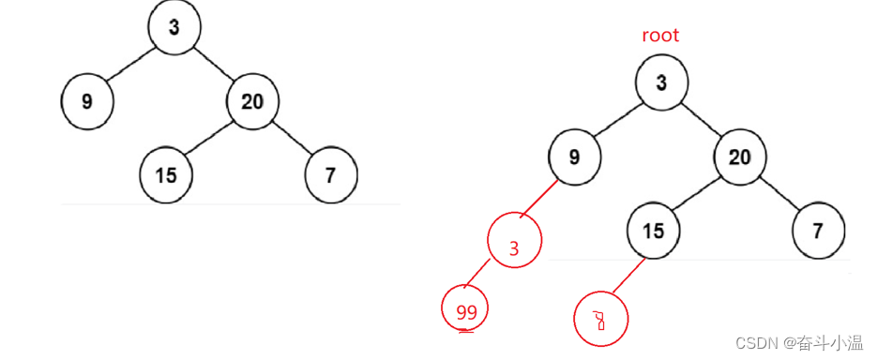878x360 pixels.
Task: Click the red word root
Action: click(660, 36)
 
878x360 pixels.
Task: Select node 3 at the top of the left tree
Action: click(174, 27)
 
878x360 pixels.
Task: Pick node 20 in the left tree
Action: click(252, 100)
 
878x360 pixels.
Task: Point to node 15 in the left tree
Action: click(166, 174)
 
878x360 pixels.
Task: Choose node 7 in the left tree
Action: click(331, 174)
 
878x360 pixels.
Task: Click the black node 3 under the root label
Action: click(661, 82)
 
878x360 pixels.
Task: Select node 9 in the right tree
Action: click(574, 157)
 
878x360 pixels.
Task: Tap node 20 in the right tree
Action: click(740, 157)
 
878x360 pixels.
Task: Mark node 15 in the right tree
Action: click(654, 231)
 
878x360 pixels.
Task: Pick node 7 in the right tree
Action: click(818, 231)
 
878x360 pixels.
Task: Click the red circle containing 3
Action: click(514, 247)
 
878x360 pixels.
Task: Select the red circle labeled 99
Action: click(466, 312)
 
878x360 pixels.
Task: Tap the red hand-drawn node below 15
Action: click(599, 321)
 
